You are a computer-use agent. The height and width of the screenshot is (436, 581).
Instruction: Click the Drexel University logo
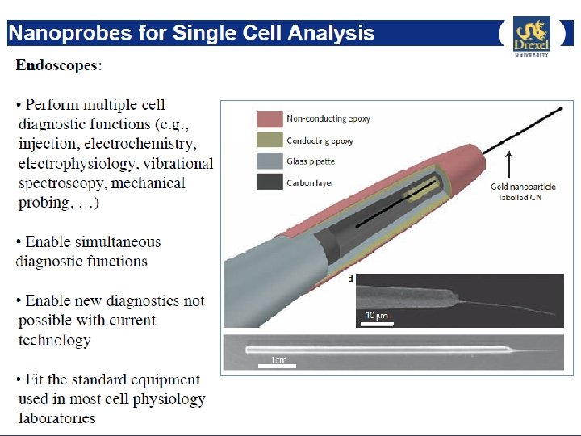pos(531,36)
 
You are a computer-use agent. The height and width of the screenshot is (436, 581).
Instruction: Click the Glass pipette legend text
pos(311,161)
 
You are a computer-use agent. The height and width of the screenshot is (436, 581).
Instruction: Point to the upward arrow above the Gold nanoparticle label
pos(509,166)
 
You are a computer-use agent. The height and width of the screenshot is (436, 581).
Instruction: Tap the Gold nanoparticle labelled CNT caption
pos(523,192)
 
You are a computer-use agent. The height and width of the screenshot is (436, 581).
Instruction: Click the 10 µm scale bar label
pos(373,315)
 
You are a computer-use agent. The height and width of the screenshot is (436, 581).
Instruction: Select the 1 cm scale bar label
pos(278,359)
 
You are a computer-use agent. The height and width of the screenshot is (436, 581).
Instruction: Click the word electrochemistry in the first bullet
pos(149,144)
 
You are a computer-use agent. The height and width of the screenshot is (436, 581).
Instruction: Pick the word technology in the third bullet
pos(54,340)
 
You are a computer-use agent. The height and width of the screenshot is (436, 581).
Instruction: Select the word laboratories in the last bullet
pos(56,418)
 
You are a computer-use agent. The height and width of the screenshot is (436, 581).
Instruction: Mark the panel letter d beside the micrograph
pos(350,279)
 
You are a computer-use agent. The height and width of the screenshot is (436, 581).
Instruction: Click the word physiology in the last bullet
pos(170,399)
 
